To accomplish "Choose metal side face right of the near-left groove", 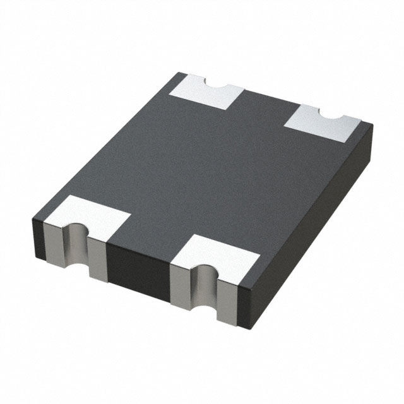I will point(97,259).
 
